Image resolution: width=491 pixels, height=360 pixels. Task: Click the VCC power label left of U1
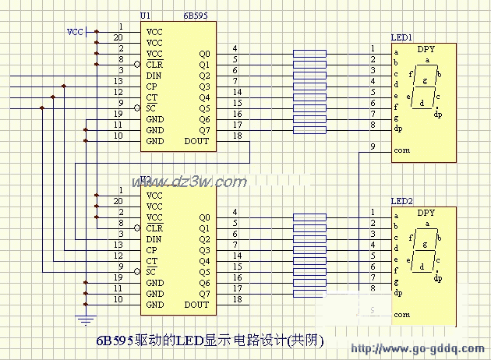[x=75, y=32]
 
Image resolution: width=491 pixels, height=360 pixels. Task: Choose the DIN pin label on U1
[x=154, y=76]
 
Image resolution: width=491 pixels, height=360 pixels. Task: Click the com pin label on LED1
[x=401, y=150]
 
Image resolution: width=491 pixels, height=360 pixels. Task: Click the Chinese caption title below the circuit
[x=209, y=341]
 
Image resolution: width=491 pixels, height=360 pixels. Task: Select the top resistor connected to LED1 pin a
[x=310, y=54]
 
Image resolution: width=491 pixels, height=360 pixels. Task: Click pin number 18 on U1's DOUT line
[x=237, y=136]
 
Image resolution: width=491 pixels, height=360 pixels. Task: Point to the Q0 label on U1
[x=204, y=54]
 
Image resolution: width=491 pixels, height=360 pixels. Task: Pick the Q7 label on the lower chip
[x=204, y=294]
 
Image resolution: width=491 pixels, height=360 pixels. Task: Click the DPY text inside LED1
[x=426, y=48]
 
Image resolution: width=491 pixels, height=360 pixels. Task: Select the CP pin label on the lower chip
[x=151, y=250]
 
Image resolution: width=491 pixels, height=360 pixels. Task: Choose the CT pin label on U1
[x=151, y=97]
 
